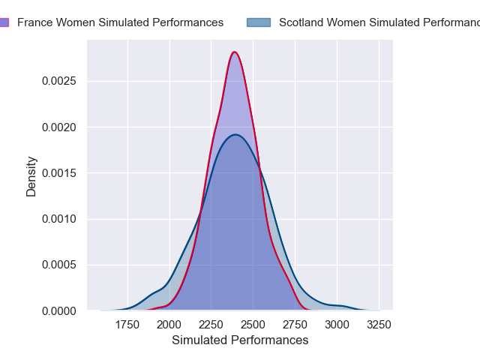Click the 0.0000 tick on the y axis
(x=61, y=310)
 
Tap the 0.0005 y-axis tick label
(x=61, y=265)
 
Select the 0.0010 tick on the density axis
(x=61, y=219)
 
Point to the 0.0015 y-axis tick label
(x=61, y=173)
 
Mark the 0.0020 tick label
(x=61, y=127)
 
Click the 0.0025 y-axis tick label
(x=61, y=81)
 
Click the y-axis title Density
(x=31, y=176)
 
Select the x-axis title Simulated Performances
(x=240, y=340)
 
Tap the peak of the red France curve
(x=235, y=52)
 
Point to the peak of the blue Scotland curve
(x=235, y=134)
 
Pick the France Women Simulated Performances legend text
(x=120, y=22)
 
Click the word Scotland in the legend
(x=301, y=22)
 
